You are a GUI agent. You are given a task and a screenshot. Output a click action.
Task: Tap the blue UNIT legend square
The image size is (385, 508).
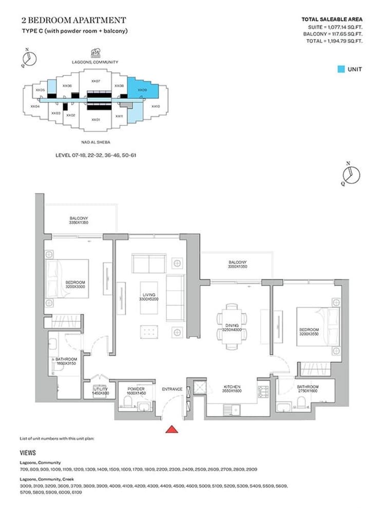click(341, 69)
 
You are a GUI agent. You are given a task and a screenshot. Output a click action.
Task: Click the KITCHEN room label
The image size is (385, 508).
click(232, 387)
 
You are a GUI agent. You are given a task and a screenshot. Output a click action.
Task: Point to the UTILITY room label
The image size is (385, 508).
click(100, 389)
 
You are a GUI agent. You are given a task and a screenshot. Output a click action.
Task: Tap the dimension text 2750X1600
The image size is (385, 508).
click(307, 391)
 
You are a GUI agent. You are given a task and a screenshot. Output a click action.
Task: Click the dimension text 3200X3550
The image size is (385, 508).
click(309, 334)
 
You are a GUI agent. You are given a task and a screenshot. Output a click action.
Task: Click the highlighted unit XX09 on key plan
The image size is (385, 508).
click(142, 90)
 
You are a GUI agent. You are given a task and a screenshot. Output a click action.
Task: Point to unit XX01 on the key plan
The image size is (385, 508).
click(95, 119)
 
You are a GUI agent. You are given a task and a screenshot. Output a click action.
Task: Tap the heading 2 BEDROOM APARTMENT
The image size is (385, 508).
click(73, 21)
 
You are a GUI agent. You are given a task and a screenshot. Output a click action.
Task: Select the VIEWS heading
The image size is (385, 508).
click(28, 453)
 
